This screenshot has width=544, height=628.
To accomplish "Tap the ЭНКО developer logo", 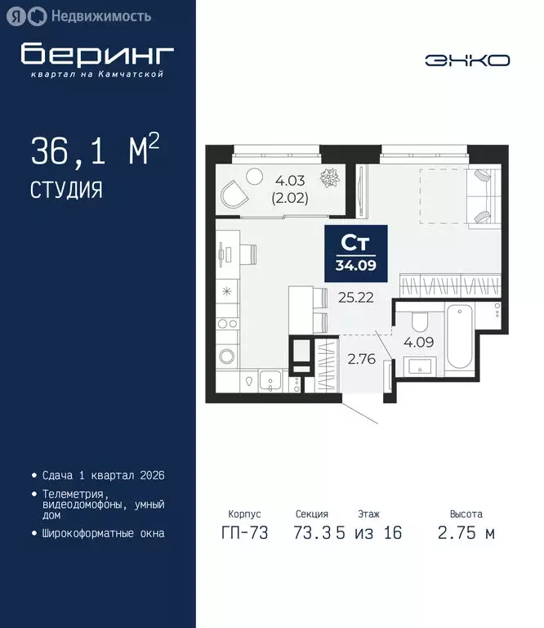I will pyautogui.click(x=467, y=60).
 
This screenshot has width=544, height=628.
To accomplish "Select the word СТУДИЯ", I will pyautogui.click(x=66, y=191).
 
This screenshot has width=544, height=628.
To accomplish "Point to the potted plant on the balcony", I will pyautogui.click(x=331, y=177).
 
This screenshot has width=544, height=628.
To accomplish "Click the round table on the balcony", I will pyautogui.click(x=255, y=173).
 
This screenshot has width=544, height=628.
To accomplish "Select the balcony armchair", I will pyautogui.click(x=234, y=194).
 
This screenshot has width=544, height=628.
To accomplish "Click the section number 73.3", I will pyautogui.click(x=313, y=533).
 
